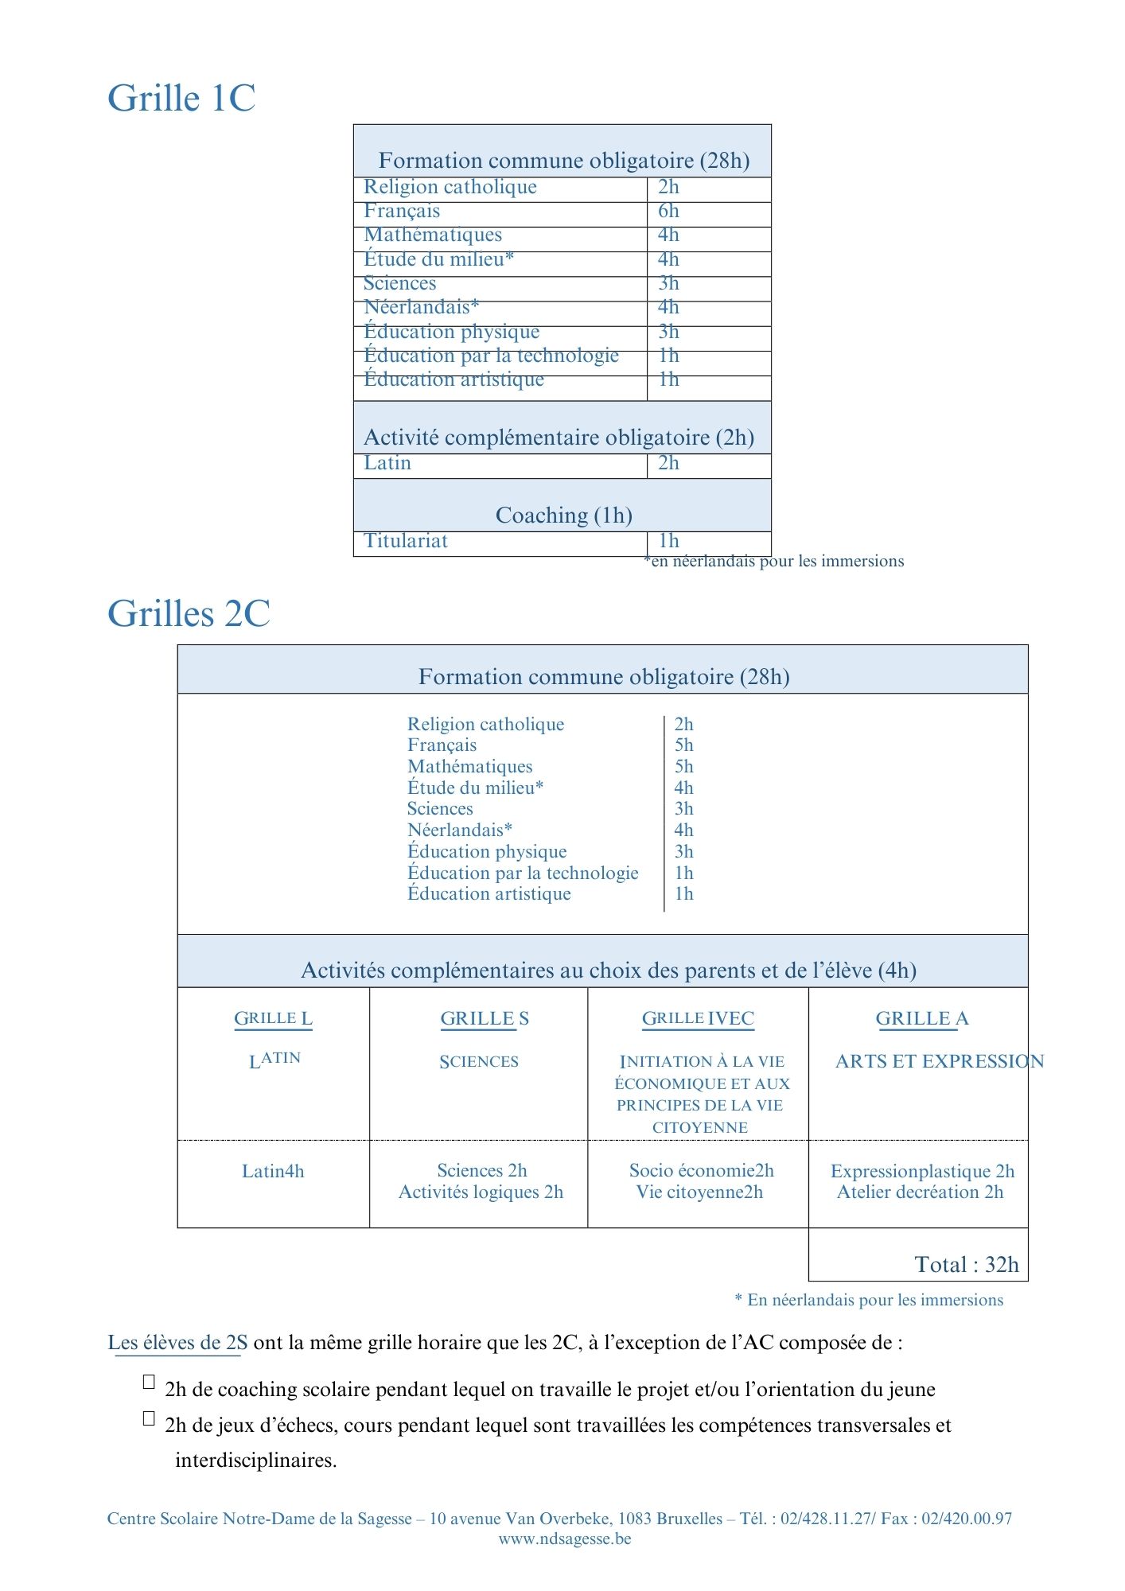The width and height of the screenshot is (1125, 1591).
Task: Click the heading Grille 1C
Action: click(x=181, y=99)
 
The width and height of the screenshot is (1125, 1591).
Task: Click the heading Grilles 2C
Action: click(x=189, y=614)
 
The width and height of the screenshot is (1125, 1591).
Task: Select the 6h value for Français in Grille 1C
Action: click(x=668, y=212)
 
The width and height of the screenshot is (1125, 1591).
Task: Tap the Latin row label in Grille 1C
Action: click(x=387, y=464)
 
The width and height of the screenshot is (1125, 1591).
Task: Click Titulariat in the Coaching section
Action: click(x=406, y=542)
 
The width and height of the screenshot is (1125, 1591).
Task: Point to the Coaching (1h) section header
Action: click(x=563, y=515)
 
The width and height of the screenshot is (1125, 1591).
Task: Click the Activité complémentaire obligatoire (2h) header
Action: click(x=559, y=438)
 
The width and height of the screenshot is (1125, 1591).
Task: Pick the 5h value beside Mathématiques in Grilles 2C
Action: click(x=683, y=767)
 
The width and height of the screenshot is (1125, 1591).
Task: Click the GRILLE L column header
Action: click(x=273, y=1019)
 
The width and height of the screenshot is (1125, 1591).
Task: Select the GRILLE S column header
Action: click(x=484, y=1019)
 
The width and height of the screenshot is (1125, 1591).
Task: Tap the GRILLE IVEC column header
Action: click(x=698, y=1019)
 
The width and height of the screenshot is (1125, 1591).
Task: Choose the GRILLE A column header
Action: click(x=921, y=1019)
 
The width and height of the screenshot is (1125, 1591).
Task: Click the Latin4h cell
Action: click(x=273, y=1172)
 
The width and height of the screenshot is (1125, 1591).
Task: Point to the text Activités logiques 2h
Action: click(x=481, y=1192)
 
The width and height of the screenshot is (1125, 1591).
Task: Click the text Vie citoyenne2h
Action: click(x=699, y=1192)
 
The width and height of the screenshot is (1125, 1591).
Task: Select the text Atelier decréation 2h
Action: click(x=920, y=1192)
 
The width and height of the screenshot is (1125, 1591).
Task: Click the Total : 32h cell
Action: click(x=966, y=1265)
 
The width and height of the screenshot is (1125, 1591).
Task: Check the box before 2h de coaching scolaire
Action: click(x=149, y=1382)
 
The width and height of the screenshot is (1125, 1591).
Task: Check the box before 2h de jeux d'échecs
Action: click(x=149, y=1418)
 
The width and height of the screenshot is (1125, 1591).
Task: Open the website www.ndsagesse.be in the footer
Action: click(x=564, y=1538)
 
